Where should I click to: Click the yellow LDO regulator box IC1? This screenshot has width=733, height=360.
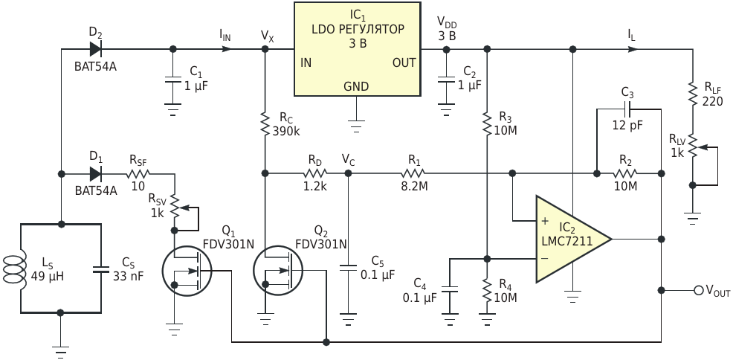[x=357, y=49]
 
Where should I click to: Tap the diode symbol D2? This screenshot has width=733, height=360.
[x=95, y=48]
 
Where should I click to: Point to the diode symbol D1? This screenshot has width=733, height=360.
[x=95, y=174]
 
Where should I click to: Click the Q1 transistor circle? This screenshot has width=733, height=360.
[x=186, y=270]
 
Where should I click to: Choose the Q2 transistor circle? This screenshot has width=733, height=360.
[x=277, y=270]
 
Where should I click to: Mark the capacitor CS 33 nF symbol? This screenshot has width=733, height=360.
[x=101, y=269]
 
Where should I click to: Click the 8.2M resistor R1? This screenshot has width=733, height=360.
[x=413, y=173]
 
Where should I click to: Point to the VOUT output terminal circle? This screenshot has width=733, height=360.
[x=698, y=290]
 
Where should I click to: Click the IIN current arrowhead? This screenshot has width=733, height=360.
[x=226, y=48]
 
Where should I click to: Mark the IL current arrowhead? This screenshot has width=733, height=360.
[x=633, y=48]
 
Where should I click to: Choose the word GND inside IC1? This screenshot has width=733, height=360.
[x=356, y=86]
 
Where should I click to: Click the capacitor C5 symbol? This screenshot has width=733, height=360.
[x=348, y=269]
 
